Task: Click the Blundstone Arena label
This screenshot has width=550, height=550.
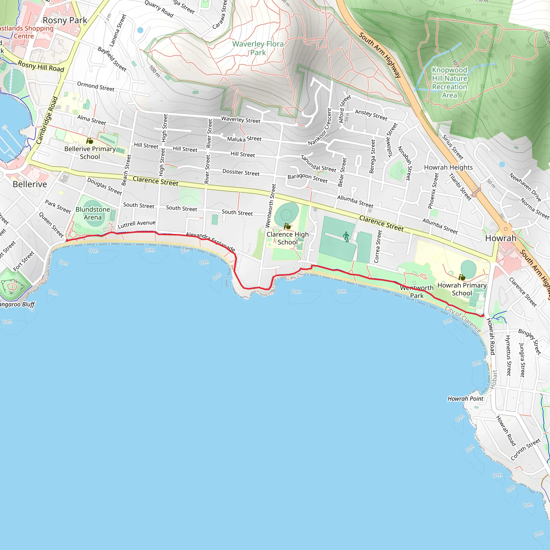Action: (93, 213)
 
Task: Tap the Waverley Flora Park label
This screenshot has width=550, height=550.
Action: (258, 48)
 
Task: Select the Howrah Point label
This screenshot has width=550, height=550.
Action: (465, 399)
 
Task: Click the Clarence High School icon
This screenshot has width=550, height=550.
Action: (288, 226)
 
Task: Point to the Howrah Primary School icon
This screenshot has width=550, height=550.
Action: (462, 277)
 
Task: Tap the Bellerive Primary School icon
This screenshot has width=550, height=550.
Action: (90, 141)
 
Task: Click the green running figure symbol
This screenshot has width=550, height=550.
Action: (346, 237)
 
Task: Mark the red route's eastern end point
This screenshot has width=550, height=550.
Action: (483, 316)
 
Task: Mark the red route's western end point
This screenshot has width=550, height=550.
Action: (67, 241)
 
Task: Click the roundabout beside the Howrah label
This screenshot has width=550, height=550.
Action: (506, 229)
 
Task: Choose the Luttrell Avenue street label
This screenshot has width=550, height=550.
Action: (137, 224)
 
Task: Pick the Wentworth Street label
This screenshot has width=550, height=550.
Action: (271, 205)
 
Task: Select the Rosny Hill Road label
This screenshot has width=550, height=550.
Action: (41, 66)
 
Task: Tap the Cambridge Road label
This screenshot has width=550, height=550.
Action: (47, 120)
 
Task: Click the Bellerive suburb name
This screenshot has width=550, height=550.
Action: (30, 184)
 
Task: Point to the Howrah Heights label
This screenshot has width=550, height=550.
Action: (448, 167)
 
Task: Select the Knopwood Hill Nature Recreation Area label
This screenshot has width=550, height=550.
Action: (450, 82)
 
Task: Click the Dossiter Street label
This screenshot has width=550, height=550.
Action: (241, 172)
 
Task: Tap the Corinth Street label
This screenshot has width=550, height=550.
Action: (526, 449)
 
